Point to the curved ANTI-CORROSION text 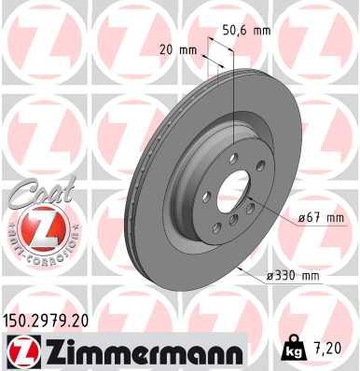click(36, 254)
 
